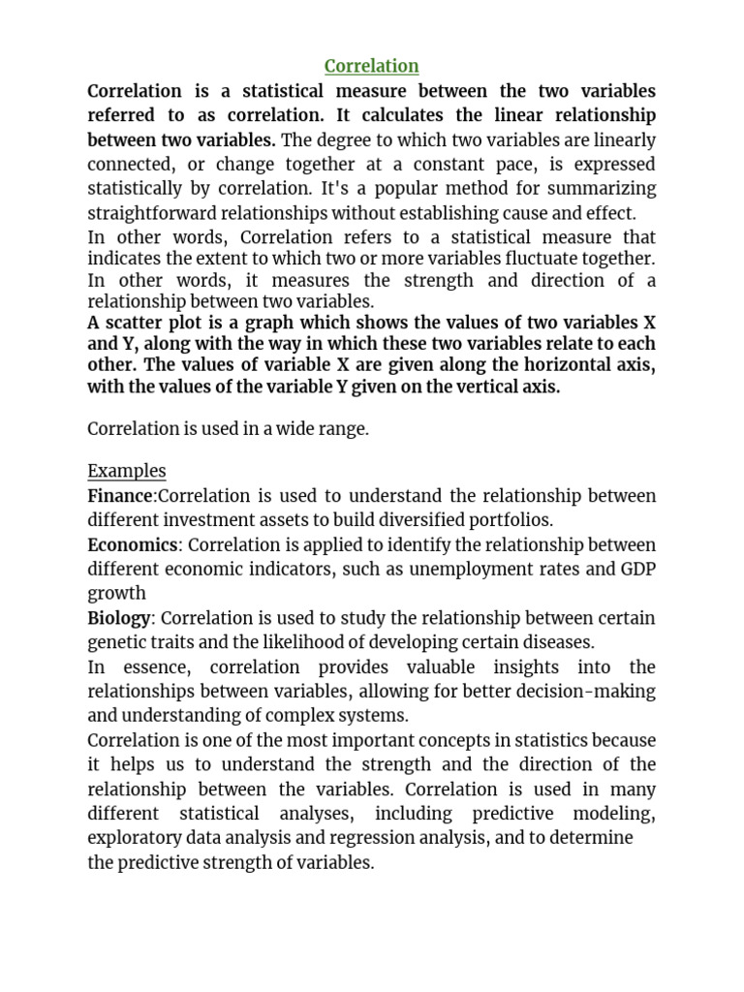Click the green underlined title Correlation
(x=371, y=66)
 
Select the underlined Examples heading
(x=127, y=471)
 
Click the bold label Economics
(x=133, y=545)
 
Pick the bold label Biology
(x=119, y=618)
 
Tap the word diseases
(x=559, y=641)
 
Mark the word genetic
(x=117, y=641)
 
